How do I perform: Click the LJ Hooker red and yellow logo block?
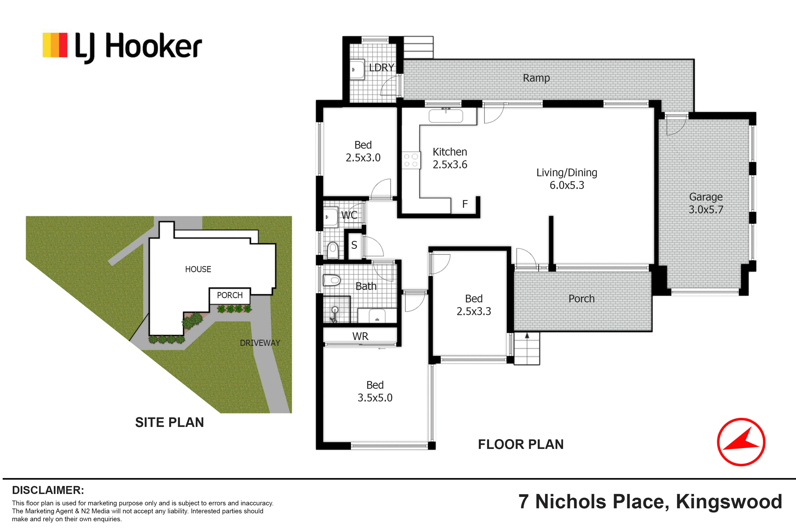tap(55, 45)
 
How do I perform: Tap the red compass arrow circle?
tap(741, 442)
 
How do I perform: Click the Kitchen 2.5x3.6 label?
tap(450, 158)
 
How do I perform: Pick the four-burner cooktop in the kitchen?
tap(411, 160)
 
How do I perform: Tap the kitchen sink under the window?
tap(445, 116)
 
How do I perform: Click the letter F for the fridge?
tap(465, 204)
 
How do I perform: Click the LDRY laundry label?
tap(381, 68)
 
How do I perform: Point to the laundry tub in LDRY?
tap(357, 70)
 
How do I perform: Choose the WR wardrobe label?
tap(360, 336)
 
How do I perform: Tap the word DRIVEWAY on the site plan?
tap(260, 343)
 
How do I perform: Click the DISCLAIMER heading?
tap(48, 490)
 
